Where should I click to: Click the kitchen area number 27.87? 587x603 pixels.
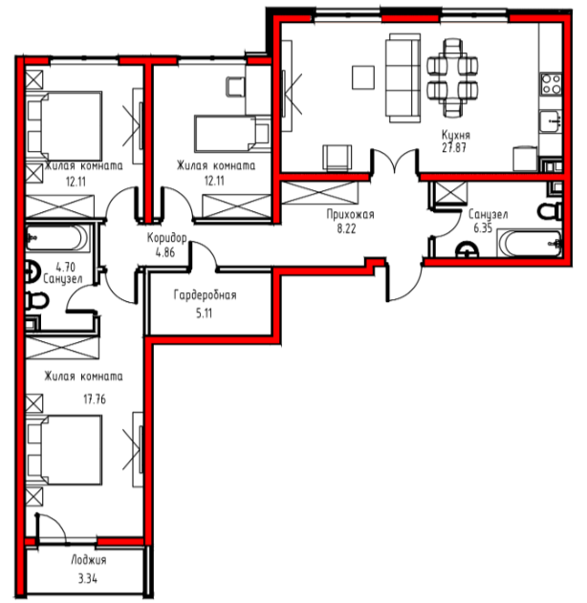point(454,148)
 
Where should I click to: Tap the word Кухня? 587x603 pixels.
point(456,136)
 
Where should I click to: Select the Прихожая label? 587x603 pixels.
point(350,214)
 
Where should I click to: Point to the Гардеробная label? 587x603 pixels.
point(205,295)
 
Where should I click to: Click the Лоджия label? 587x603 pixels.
point(89,560)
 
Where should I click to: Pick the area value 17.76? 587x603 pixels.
point(95,399)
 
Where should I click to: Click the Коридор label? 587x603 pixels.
point(167,238)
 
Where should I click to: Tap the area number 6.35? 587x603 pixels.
point(483,228)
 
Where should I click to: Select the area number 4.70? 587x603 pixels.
point(65,267)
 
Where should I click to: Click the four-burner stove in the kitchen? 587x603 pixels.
point(551,84)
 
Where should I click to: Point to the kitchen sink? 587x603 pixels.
point(551,121)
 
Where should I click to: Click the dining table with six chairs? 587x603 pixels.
point(452,77)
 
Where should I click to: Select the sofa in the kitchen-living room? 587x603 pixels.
point(402,77)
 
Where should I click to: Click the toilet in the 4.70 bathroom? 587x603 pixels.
point(36,301)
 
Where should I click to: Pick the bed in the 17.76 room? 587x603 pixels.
point(65,450)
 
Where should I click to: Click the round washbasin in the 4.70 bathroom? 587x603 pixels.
point(33,272)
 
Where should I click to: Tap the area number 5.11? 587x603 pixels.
point(204,313)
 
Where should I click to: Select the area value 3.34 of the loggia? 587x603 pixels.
point(88,578)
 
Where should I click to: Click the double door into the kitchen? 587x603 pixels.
point(395,162)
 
